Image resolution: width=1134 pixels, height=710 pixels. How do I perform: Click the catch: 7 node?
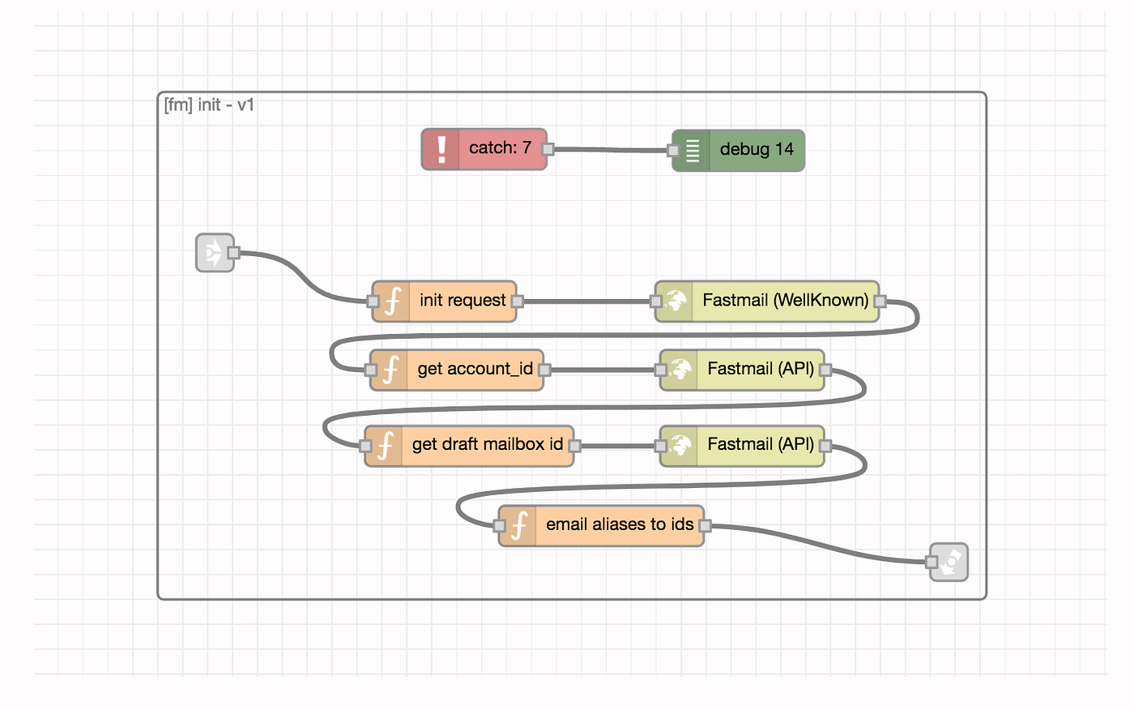coord(484,149)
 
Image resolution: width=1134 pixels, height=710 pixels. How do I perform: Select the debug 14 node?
coord(738,151)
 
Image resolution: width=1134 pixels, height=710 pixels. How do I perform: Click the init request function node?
coord(444,302)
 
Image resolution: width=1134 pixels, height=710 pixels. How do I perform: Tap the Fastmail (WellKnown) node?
coord(767,302)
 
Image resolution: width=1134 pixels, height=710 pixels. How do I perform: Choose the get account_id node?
coord(457,370)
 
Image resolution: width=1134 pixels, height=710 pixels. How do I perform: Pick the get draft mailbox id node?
coord(469,446)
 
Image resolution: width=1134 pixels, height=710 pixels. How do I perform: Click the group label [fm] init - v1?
coord(209,105)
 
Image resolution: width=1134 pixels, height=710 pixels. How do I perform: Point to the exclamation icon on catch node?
coord(441,149)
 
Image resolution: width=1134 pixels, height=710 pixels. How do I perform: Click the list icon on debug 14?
coord(692,151)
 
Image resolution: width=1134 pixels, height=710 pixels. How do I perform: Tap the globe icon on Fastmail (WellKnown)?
coord(676,302)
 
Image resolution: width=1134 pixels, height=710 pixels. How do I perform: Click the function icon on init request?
coord(393,302)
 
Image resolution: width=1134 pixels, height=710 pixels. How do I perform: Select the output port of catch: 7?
coord(548,149)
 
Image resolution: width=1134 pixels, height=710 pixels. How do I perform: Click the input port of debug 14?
coord(673,151)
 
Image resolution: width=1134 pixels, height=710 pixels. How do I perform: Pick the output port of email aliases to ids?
coord(705,526)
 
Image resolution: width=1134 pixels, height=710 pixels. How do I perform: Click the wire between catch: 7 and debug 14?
coord(610,150)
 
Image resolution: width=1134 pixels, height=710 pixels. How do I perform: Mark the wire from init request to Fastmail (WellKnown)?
coord(586,302)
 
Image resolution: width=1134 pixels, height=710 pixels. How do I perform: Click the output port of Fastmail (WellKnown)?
coord(880,302)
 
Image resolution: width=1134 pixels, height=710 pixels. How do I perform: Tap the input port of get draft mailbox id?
coord(365,446)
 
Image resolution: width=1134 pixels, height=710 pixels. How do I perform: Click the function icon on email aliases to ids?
coord(519,526)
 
